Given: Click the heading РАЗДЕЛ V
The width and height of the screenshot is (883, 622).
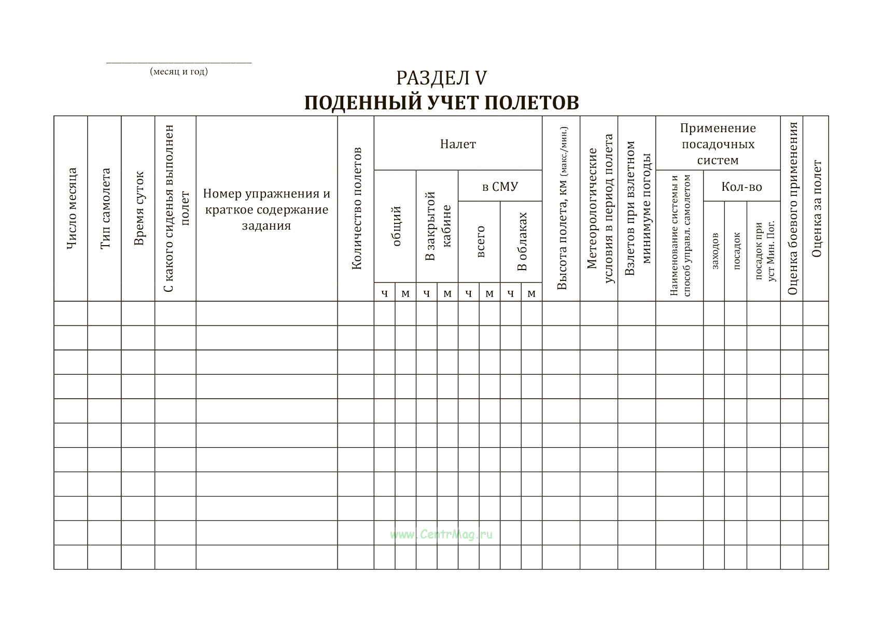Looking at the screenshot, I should (x=441, y=78).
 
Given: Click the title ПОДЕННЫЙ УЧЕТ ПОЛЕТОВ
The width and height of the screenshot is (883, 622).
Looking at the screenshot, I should (x=441, y=103).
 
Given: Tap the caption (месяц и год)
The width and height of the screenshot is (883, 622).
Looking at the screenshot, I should (x=179, y=72).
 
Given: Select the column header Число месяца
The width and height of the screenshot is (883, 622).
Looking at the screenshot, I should (x=72, y=208).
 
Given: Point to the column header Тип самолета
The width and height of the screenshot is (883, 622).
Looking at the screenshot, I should (x=105, y=208).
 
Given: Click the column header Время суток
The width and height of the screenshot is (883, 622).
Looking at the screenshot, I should (x=138, y=208).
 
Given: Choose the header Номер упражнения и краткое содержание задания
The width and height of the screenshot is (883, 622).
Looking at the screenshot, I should (x=267, y=209).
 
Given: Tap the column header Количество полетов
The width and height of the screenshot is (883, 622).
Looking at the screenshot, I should (x=356, y=208).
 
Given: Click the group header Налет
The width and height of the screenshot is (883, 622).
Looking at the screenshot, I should (x=458, y=144).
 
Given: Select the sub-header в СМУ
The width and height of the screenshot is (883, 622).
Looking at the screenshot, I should (x=500, y=187).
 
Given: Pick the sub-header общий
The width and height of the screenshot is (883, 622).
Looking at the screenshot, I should (x=397, y=226).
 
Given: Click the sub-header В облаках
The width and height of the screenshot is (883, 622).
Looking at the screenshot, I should (x=522, y=241).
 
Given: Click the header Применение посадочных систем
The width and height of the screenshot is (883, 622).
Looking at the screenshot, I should (x=718, y=144).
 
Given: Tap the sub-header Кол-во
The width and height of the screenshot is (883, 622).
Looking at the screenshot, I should (x=741, y=187).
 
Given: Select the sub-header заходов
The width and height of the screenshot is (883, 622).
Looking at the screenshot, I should (x=714, y=251).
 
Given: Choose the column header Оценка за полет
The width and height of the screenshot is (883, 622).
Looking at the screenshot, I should (x=817, y=208).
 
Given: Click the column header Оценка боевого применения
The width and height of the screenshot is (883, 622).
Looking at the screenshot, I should (x=792, y=208).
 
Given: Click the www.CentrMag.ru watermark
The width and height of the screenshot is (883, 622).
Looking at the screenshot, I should (x=441, y=534).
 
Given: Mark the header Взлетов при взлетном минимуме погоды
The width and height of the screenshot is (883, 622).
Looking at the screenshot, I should (x=638, y=208).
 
